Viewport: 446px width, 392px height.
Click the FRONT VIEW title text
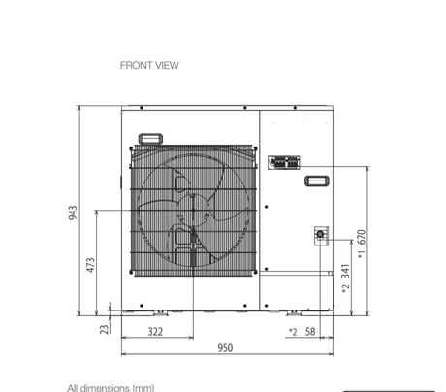[x=149, y=66]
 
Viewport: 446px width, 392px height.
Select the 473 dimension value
[x=91, y=264]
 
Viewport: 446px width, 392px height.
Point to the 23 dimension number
[x=105, y=329]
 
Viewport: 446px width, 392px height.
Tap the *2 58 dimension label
[x=303, y=332]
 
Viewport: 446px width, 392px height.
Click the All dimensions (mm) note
[x=111, y=387]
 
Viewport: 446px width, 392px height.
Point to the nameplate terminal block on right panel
[x=285, y=161]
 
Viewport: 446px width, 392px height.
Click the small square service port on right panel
[x=318, y=234]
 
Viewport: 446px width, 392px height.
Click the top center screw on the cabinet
[x=226, y=108]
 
